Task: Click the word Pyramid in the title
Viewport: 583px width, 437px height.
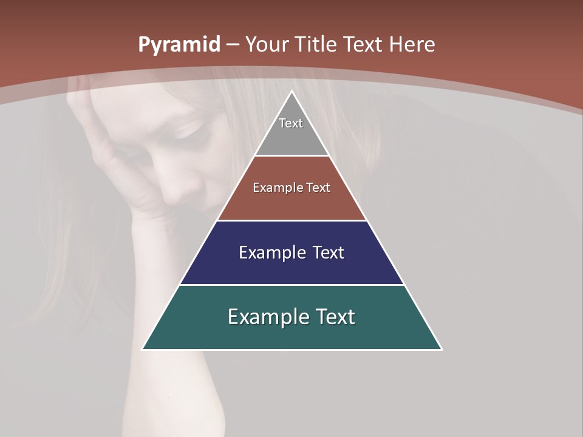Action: (179, 45)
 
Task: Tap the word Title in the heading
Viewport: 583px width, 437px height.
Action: (317, 44)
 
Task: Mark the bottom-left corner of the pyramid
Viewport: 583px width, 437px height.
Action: (143, 349)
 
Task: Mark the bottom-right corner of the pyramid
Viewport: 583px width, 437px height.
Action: (441, 349)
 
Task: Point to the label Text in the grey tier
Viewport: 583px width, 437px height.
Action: (291, 123)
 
